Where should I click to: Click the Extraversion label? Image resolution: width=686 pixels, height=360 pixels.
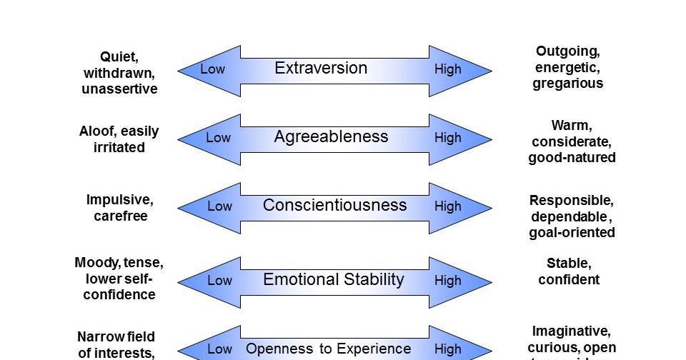pyautogui.click(x=321, y=69)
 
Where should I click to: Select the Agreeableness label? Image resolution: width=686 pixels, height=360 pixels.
pyautogui.click(x=331, y=137)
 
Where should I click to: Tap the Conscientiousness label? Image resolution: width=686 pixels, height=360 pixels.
pyautogui.click(x=334, y=206)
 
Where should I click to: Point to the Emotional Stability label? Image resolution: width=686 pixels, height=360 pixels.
pyautogui.click(x=334, y=280)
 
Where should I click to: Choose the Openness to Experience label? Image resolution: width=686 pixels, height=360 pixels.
pyautogui.click(x=328, y=349)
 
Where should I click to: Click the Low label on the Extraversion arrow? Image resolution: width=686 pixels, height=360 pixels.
pyautogui.click(x=212, y=69)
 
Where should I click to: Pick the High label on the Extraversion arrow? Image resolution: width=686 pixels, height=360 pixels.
pyautogui.click(x=448, y=69)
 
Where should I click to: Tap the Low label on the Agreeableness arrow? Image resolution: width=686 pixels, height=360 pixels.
pyautogui.click(x=219, y=138)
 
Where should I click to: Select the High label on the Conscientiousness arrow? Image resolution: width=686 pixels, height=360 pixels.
pyautogui.click(x=448, y=206)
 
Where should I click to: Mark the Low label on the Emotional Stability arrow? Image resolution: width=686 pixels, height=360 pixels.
pyautogui.click(x=219, y=281)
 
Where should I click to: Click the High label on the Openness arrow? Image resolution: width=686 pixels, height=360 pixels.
pyautogui.click(x=448, y=349)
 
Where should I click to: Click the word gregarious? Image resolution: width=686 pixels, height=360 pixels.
pyautogui.click(x=567, y=84)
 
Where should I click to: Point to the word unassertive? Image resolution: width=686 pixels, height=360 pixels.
pyautogui.click(x=120, y=89)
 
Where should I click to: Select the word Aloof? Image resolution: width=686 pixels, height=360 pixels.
pyautogui.click(x=97, y=131)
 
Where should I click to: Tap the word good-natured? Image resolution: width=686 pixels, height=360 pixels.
pyautogui.click(x=572, y=158)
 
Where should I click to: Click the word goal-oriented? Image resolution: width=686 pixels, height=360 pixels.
pyautogui.click(x=572, y=232)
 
